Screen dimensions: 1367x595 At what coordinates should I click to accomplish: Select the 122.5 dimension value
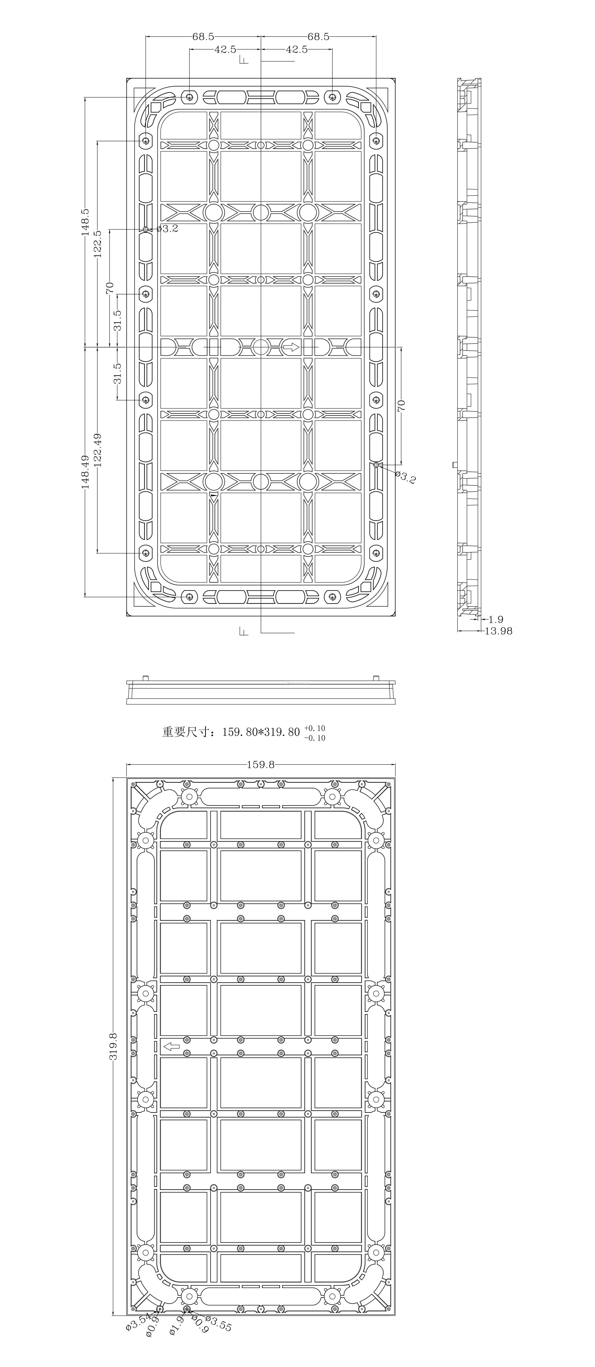[x=97, y=244]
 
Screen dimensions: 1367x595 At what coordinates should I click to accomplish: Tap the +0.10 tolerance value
[x=315, y=728]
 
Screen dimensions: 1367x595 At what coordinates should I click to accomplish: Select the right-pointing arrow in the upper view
[x=291, y=347]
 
